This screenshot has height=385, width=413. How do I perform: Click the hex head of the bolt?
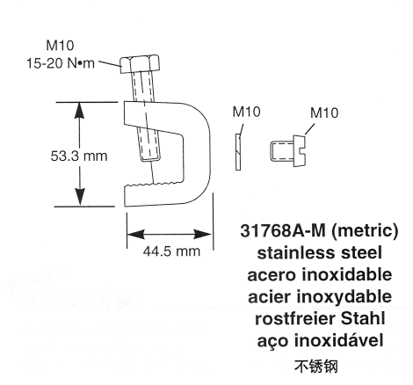pos(140,63)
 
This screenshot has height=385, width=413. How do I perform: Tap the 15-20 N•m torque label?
pos(61,63)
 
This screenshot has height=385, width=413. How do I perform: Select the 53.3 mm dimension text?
pos(79,156)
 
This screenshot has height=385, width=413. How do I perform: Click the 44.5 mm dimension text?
pos(171,251)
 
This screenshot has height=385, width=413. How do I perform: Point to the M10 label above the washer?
pos(246,112)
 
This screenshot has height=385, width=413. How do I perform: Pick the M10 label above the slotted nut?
pos(324,113)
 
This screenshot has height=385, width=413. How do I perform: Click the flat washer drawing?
pos(238,152)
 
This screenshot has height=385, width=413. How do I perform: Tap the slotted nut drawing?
pos(288,151)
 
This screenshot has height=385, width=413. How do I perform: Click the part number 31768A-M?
pos(283,230)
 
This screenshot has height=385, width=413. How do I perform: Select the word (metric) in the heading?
pos(365,231)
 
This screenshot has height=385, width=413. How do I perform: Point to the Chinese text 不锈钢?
pos(316,367)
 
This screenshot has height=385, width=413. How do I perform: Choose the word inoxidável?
pos(338,340)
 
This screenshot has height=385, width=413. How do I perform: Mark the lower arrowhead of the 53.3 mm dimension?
pos(79,197)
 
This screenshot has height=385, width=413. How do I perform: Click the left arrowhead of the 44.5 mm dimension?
pos(136,235)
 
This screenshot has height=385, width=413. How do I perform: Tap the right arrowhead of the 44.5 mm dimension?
pos(203,235)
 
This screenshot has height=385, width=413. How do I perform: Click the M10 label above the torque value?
pos(60,46)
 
